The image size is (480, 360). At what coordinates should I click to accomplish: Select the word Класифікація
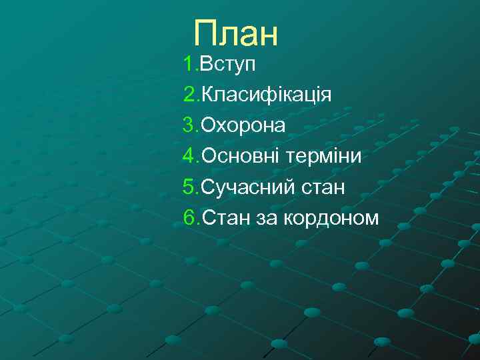click(266, 95)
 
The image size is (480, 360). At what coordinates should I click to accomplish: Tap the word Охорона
click(243, 125)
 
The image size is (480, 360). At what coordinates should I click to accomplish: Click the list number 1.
click(189, 65)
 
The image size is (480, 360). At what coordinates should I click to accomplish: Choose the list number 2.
click(190, 95)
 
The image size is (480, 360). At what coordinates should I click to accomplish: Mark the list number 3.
click(190, 125)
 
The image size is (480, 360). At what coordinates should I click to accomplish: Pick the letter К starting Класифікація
click(208, 95)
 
